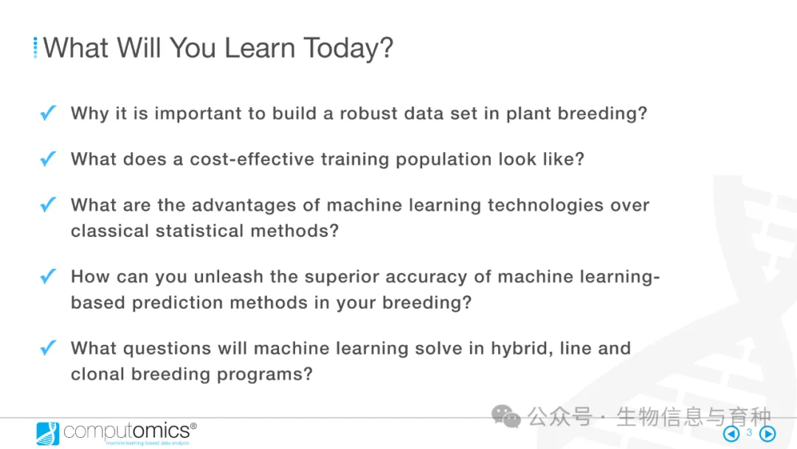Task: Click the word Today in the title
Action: (x=348, y=49)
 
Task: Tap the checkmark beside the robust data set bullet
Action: (x=48, y=112)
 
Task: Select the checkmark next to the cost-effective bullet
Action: (x=48, y=159)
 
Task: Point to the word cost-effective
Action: (x=252, y=160)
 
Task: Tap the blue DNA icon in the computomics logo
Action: (x=48, y=433)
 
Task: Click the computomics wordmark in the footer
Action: (x=127, y=431)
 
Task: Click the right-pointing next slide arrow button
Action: (x=767, y=433)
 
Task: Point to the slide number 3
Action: (x=749, y=432)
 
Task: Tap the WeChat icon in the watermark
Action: (x=506, y=417)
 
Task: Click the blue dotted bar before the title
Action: (x=35, y=48)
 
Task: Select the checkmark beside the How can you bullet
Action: (x=48, y=276)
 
